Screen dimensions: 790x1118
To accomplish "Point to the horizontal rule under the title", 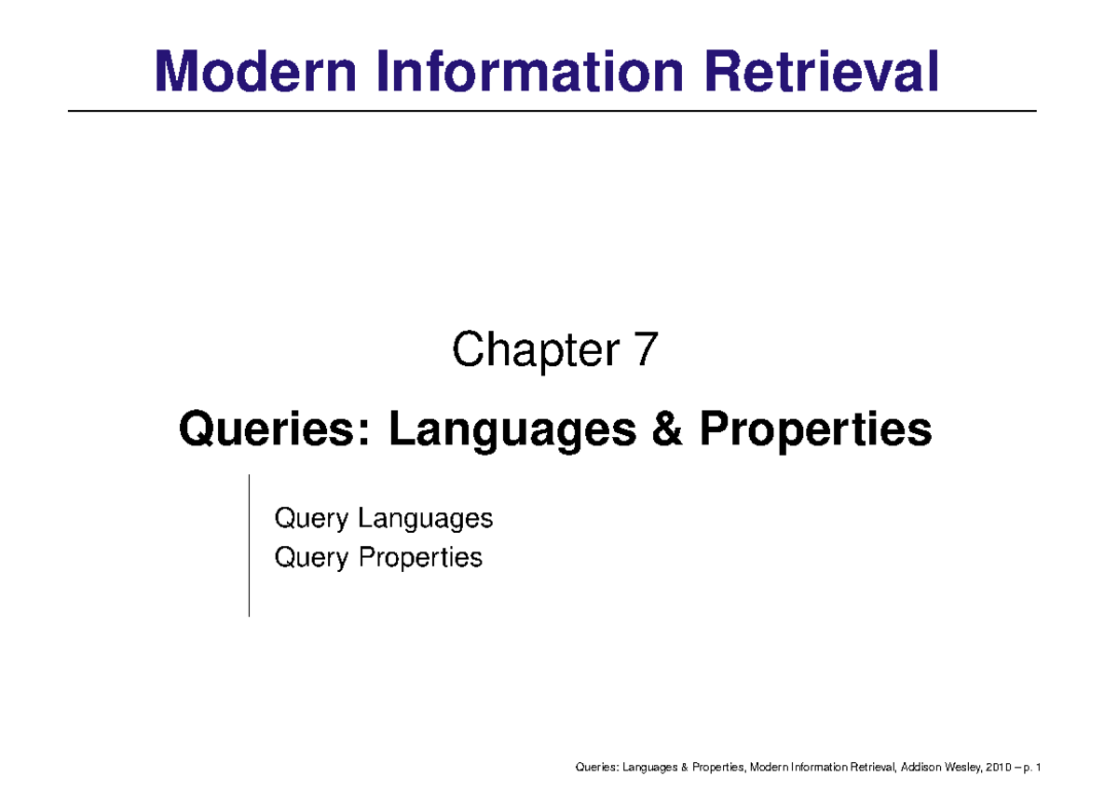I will click(x=552, y=111).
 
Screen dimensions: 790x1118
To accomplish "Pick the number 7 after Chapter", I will click(x=648, y=352).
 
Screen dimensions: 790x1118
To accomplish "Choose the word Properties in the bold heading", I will click(x=815, y=430).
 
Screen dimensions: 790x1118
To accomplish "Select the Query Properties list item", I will click(x=378, y=558).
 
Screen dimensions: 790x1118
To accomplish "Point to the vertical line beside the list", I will click(x=249, y=545).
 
